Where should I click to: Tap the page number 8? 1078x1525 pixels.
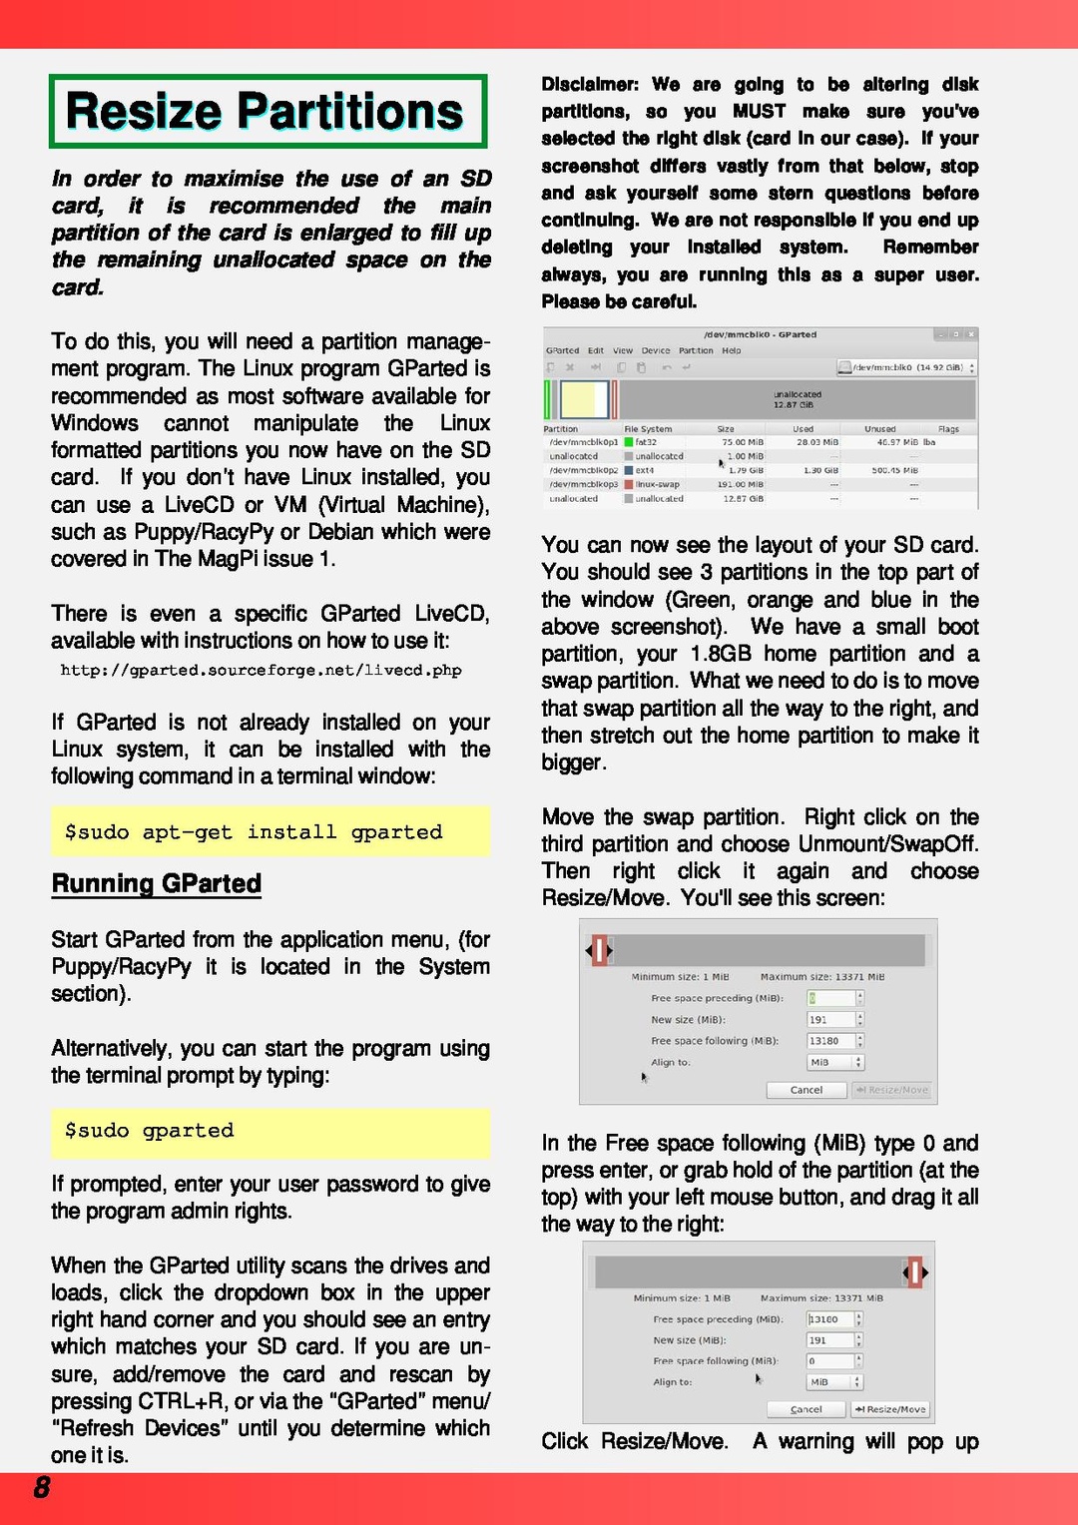click(42, 1488)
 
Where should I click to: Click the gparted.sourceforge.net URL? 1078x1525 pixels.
click(261, 670)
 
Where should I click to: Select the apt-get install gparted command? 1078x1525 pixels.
click(254, 831)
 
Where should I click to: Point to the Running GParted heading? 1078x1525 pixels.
click(157, 883)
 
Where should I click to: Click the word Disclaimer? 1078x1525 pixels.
click(589, 84)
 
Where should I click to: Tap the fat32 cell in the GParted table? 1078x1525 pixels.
click(646, 442)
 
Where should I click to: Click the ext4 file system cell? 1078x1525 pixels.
click(644, 470)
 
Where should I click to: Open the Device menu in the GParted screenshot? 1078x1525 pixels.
click(656, 350)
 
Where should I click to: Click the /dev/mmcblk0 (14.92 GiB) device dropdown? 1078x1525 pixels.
click(907, 367)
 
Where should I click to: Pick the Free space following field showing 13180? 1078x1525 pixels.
click(831, 1041)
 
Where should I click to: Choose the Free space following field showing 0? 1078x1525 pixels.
click(830, 1360)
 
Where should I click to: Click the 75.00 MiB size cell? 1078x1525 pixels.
click(742, 442)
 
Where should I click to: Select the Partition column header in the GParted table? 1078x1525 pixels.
click(561, 429)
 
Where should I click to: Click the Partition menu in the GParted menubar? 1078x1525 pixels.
click(696, 350)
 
